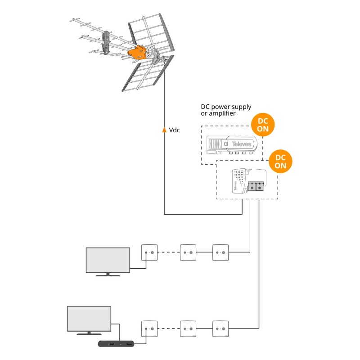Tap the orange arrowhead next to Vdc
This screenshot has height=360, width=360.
point(164,130)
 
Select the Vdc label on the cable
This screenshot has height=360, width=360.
point(175,130)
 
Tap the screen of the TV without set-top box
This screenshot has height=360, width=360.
point(108,259)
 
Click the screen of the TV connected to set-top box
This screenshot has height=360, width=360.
point(89,319)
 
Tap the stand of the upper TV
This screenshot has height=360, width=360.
point(107,274)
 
